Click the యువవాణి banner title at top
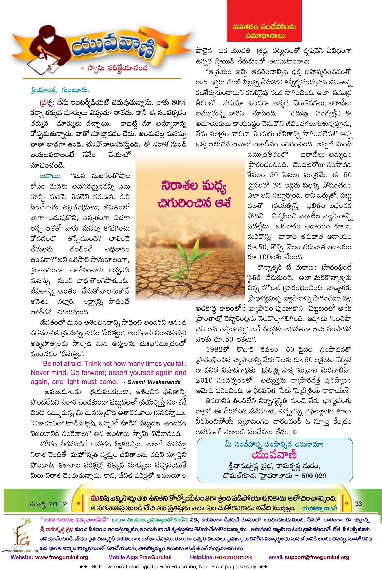coord(112,48)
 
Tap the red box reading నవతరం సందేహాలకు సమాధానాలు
coord(264,31)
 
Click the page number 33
coord(359,503)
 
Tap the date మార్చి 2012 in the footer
coord(49,504)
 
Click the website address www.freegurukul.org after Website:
coord(62,557)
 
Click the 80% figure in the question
coord(179,102)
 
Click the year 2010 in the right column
coord(205,380)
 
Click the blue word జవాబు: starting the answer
coord(50,176)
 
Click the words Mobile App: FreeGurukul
coord(140,557)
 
